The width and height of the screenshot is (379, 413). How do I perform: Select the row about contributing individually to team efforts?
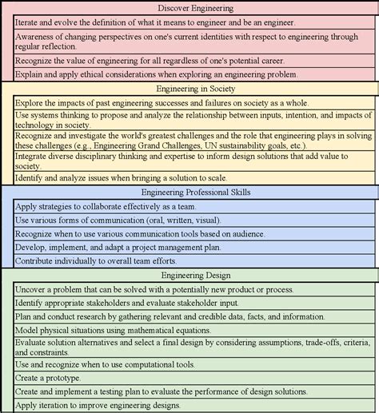point(112,260)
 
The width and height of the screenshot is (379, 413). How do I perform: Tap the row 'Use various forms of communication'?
point(120,220)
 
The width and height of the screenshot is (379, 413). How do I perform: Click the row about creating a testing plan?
point(160,391)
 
